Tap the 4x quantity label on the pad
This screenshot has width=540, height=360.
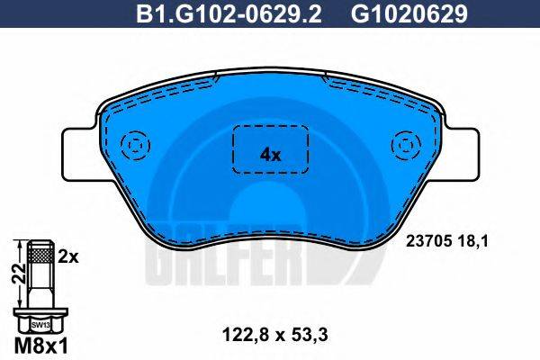pos(270,154)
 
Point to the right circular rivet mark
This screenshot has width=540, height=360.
pos(404,146)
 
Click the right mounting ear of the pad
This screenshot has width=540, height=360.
pos(459,153)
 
